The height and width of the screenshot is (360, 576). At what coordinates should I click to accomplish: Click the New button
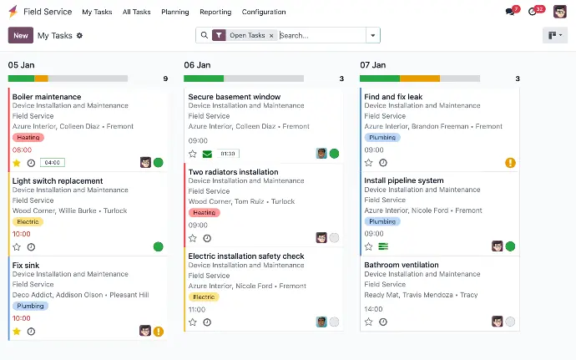coord(21,36)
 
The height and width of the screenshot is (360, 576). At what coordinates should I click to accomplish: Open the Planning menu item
coord(174,13)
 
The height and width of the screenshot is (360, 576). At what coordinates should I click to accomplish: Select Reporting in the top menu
coord(215,13)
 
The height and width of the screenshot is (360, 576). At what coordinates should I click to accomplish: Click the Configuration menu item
coord(264,13)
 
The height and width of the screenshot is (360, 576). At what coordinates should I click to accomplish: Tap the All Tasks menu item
coord(137,13)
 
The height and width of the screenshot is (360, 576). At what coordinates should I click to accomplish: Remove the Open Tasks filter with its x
coord(271,36)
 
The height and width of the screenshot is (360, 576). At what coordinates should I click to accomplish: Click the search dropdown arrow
coord(373,36)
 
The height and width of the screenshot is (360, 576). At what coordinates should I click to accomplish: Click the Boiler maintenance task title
coord(47,97)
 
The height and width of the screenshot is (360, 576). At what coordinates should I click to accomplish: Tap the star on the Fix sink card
coord(17,331)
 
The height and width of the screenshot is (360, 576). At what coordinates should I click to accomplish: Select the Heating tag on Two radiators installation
coord(204,213)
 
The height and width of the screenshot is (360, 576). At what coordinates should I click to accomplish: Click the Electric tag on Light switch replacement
coord(28,222)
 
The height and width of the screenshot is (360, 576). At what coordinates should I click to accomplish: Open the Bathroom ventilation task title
coord(401,265)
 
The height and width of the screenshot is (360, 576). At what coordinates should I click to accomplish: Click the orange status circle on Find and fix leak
coord(510,163)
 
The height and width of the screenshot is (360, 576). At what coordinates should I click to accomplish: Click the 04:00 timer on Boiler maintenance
coord(52,163)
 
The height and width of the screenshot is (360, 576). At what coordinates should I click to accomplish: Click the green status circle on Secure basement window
coord(334,154)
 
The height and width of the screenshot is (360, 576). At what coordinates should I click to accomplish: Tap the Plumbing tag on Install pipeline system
coord(382,222)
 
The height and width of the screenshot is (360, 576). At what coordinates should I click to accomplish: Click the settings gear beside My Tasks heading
coord(80,36)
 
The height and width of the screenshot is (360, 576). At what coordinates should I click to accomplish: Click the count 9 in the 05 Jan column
coord(165,79)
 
